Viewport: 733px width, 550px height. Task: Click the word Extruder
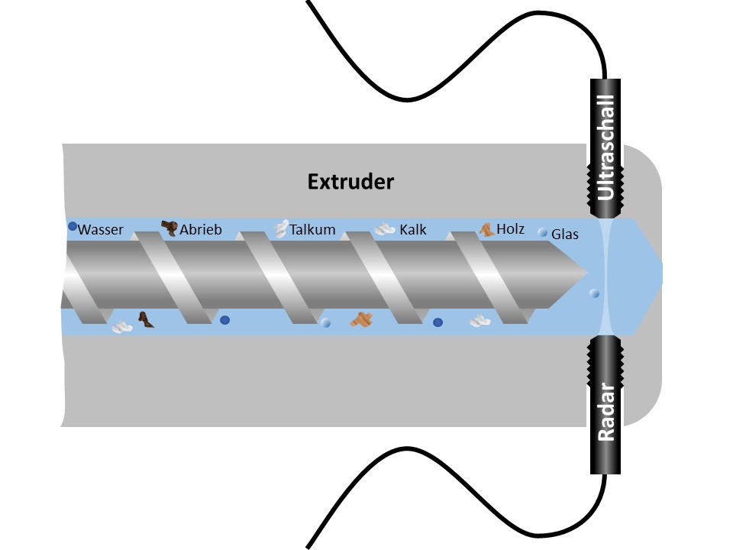point(350,182)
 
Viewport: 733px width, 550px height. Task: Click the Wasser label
point(100,229)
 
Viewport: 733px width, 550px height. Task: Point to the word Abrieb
point(200,229)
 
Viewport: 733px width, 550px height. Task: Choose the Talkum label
point(312,229)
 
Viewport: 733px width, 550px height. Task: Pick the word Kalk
point(412,229)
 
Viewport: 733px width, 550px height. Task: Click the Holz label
point(510,228)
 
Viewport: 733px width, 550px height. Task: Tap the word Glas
point(565,235)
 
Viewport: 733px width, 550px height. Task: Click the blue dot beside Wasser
point(72,226)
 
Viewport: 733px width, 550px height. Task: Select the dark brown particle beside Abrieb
point(169,227)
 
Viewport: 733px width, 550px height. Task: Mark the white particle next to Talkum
point(282,227)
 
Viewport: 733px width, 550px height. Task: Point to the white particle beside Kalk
point(383,228)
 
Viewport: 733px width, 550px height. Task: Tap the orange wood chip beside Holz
point(486,228)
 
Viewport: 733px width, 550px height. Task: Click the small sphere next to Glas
point(543,232)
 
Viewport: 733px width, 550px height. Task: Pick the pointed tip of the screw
point(584,273)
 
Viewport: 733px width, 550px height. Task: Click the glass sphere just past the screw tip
point(595,293)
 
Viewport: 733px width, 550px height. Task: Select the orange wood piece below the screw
point(361,319)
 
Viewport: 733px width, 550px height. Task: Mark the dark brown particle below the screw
point(144,319)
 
